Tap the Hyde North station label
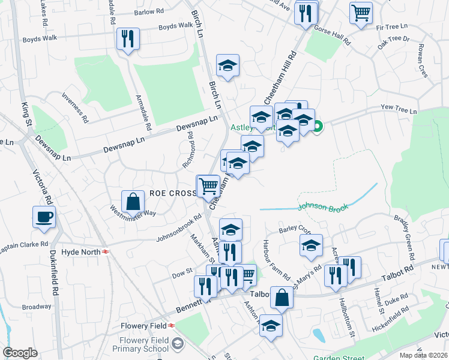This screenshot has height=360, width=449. tap(83, 252)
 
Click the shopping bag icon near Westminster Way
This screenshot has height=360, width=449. tap(133, 201)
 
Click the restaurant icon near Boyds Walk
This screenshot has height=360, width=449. tap(128, 39)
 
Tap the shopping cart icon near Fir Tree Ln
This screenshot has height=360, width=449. tap(361, 13)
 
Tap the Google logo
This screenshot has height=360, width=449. tap(20, 353)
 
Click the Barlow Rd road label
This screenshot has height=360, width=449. tap(149, 11)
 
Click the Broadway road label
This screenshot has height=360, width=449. tap(37, 307)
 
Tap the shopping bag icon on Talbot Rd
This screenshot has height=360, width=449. tap(282, 296)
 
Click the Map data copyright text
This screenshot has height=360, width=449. tap(424, 355)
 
